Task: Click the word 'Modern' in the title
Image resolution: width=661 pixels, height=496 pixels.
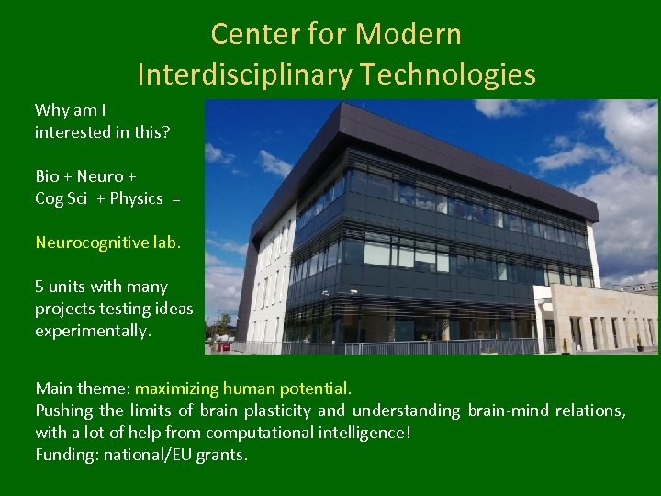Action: pyautogui.click(x=409, y=35)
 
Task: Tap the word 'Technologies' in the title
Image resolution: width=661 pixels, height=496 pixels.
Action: pyautogui.click(x=446, y=73)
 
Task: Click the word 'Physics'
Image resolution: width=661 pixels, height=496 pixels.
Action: pyautogui.click(x=136, y=198)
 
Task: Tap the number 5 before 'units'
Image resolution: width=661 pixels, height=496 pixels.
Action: pyautogui.click(x=39, y=287)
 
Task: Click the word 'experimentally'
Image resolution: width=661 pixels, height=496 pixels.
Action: pyautogui.click(x=92, y=331)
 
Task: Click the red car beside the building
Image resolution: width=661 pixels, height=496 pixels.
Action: pyautogui.click(x=220, y=347)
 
